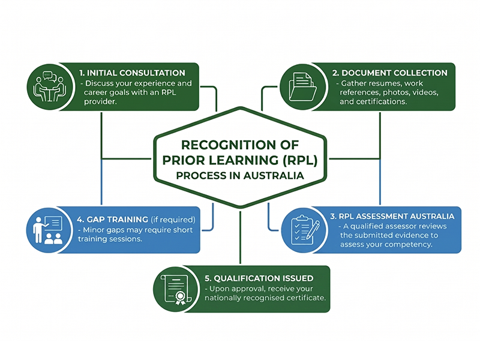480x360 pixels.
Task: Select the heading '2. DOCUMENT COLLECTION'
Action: [x=390, y=73]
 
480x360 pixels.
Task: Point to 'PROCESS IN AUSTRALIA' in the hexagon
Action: [x=239, y=176]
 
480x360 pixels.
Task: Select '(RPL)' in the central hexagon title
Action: [x=284, y=160]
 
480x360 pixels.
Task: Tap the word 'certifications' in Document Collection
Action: [x=383, y=102]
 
